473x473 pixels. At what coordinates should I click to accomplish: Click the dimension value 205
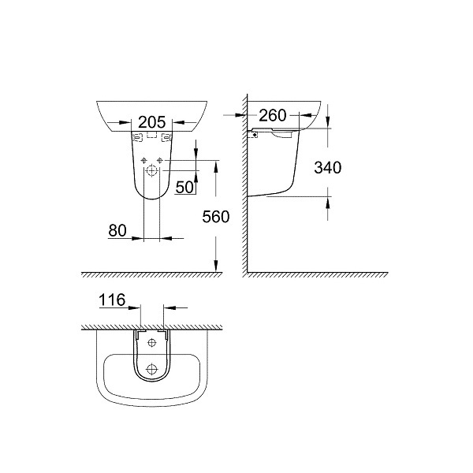(152, 122)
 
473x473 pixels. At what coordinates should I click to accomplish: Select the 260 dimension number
(273, 115)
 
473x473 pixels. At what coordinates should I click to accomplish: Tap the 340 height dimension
(328, 167)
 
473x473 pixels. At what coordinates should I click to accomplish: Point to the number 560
(216, 217)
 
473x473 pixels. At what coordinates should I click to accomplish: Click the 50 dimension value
(184, 187)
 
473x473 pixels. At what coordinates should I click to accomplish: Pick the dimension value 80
(117, 231)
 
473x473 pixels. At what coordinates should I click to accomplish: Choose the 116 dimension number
(112, 300)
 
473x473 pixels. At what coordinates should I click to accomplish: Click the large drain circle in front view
(151, 171)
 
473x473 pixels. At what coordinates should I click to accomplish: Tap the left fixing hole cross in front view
(144, 161)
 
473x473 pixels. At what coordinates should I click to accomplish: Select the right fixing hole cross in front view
(159, 161)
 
